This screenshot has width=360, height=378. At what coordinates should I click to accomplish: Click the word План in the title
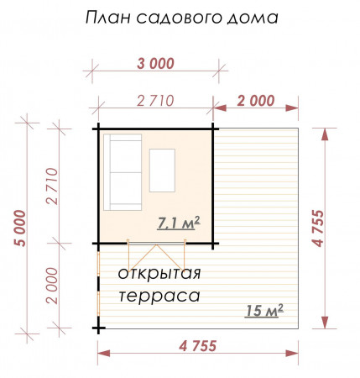pyautogui.click(x=108, y=18)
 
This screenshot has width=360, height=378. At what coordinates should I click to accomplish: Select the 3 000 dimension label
pyautogui.click(x=155, y=64)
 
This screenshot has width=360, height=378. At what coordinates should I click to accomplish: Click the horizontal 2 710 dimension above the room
pyautogui.click(x=155, y=101)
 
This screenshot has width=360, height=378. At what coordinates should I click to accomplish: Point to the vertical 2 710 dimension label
pyautogui.click(x=53, y=186)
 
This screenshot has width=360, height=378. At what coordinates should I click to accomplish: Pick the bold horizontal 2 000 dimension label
pyautogui.click(x=256, y=101)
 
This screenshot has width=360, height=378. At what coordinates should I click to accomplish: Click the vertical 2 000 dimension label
pyautogui.click(x=53, y=286)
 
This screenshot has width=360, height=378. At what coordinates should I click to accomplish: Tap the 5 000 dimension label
pyautogui.click(x=20, y=228)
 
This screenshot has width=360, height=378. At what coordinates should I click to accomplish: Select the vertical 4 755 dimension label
pyautogui.click(x=318, y=228)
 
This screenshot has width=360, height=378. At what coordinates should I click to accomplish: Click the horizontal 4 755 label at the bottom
pyautogui.click(x=198, y=346)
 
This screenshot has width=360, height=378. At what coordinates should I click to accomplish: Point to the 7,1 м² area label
pyautogui.click(x=179, y=223)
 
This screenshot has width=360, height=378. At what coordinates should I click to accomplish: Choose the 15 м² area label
pyautogui.click(x=264, y=310)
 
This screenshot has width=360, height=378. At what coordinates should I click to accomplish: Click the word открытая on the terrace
pyautogui.click(x=159, y=273)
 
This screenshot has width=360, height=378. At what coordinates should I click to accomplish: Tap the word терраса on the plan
pyautogui.click(x=159, y=296)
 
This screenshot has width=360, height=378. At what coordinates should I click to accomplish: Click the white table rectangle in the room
pyautogui.click(x=162, y=171)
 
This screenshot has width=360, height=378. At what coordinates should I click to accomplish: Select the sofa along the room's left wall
pyautogui.click(x=123, y=172)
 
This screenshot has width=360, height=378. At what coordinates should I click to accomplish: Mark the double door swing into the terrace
pyautogui.click(x=157, y=255)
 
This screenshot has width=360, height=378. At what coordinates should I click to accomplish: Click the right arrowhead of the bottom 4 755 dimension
pyautogui.click(x=292, y=353)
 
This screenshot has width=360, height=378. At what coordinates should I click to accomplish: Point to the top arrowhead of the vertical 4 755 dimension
pyautogui.click(x=325, y=134)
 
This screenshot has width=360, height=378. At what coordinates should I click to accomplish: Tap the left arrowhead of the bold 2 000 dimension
pyautogui.click(x=220, y=108)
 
